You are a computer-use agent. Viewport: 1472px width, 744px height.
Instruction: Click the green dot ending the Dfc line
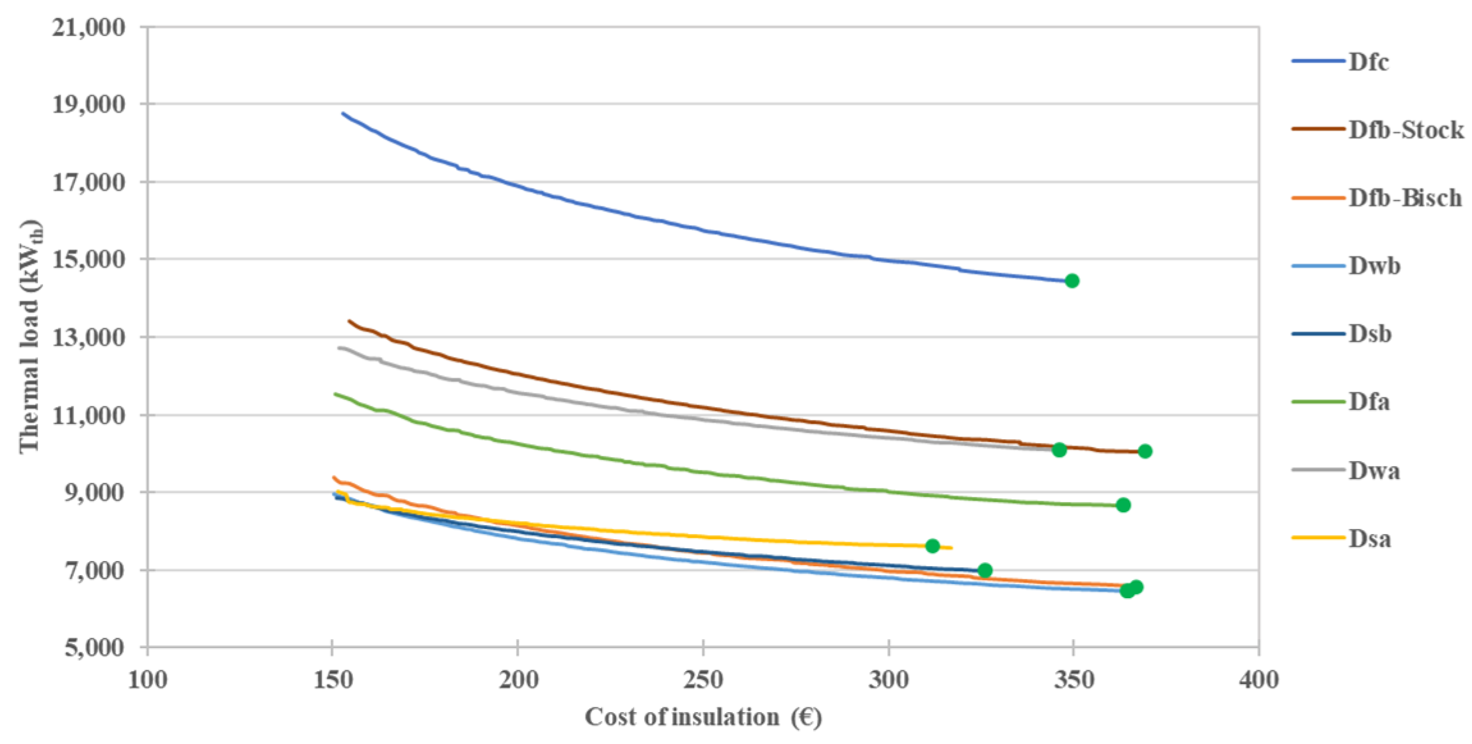tap(1072, 281)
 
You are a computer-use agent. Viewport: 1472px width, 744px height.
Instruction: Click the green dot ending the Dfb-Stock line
tap(1145, 451)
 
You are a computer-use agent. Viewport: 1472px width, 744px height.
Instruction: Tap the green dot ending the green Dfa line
tap(1123, 505)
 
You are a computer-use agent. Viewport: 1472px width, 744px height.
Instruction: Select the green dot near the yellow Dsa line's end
tap(933, 546)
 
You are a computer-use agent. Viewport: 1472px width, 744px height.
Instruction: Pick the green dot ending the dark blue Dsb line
tap(985, 570)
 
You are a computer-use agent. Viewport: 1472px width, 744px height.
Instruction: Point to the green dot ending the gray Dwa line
tap(1059, 450)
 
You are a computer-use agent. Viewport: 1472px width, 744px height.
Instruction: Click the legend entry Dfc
tap(1368, 62)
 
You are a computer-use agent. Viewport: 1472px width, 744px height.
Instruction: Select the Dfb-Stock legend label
tap(1405, 130)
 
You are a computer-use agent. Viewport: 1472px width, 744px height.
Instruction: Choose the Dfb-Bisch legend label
tap(1405, 198)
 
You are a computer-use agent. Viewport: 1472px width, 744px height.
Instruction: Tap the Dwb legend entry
tap(1374, 266)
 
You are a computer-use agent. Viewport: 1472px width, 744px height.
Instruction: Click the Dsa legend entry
tap(1370, 539)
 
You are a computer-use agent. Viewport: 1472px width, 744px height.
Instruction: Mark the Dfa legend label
tap(1369, 402)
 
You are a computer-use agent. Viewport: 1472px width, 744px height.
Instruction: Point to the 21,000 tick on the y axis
tap(89, 28)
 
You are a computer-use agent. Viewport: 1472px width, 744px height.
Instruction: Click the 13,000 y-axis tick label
tap(89, 337)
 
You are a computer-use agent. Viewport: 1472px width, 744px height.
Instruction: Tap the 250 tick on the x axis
tap(703, 679)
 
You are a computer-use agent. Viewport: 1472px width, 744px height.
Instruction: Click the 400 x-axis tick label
tap(1258, 679)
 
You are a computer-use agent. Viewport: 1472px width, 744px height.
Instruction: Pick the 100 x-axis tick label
tap(148, 679)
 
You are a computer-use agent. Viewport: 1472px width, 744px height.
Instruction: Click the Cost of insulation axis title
tap(703, 717)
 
